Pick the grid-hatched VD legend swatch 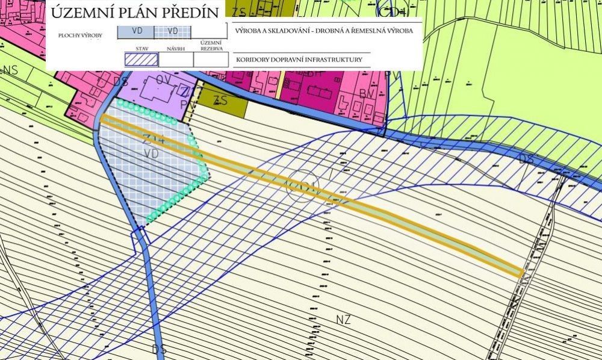173,31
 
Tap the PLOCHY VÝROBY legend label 80,36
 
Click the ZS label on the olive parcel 222,101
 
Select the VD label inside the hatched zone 152,154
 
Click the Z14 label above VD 154,140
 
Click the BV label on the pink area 366,94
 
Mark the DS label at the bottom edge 159,349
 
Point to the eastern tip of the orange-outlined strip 520,272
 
